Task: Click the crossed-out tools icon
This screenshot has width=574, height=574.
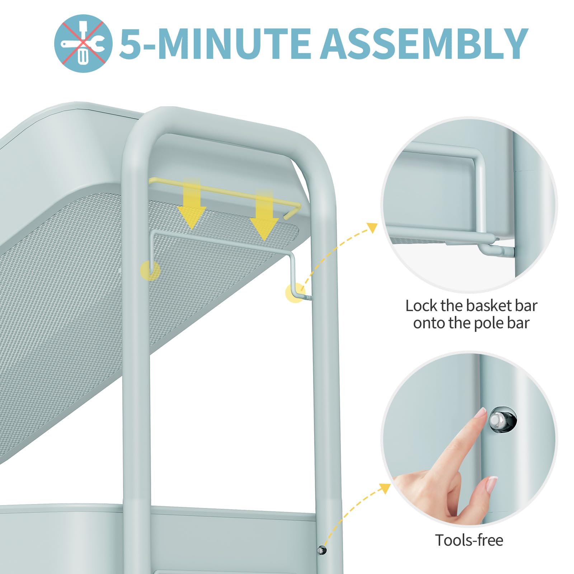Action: tap(83, 43)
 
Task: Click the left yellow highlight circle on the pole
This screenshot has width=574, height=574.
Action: tap(150, 270)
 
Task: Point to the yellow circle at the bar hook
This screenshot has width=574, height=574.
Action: tap(295, 293)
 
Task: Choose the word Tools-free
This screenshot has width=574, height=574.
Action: tap(469, 540)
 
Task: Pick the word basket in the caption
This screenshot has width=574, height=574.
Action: tap(489, 306)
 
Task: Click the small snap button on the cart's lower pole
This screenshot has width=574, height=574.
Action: tap(322, 550)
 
